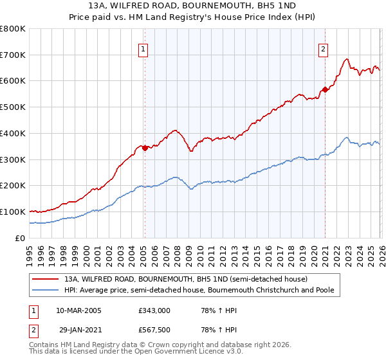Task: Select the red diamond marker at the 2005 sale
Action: click(145, 148)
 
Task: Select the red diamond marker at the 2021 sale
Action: click(326, 89)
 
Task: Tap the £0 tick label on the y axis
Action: click(19, 238)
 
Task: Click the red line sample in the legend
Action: click(46, 280)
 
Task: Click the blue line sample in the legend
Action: click(46, 291)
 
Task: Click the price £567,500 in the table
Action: click(154, 330)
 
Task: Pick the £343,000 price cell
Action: click(154, 310)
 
